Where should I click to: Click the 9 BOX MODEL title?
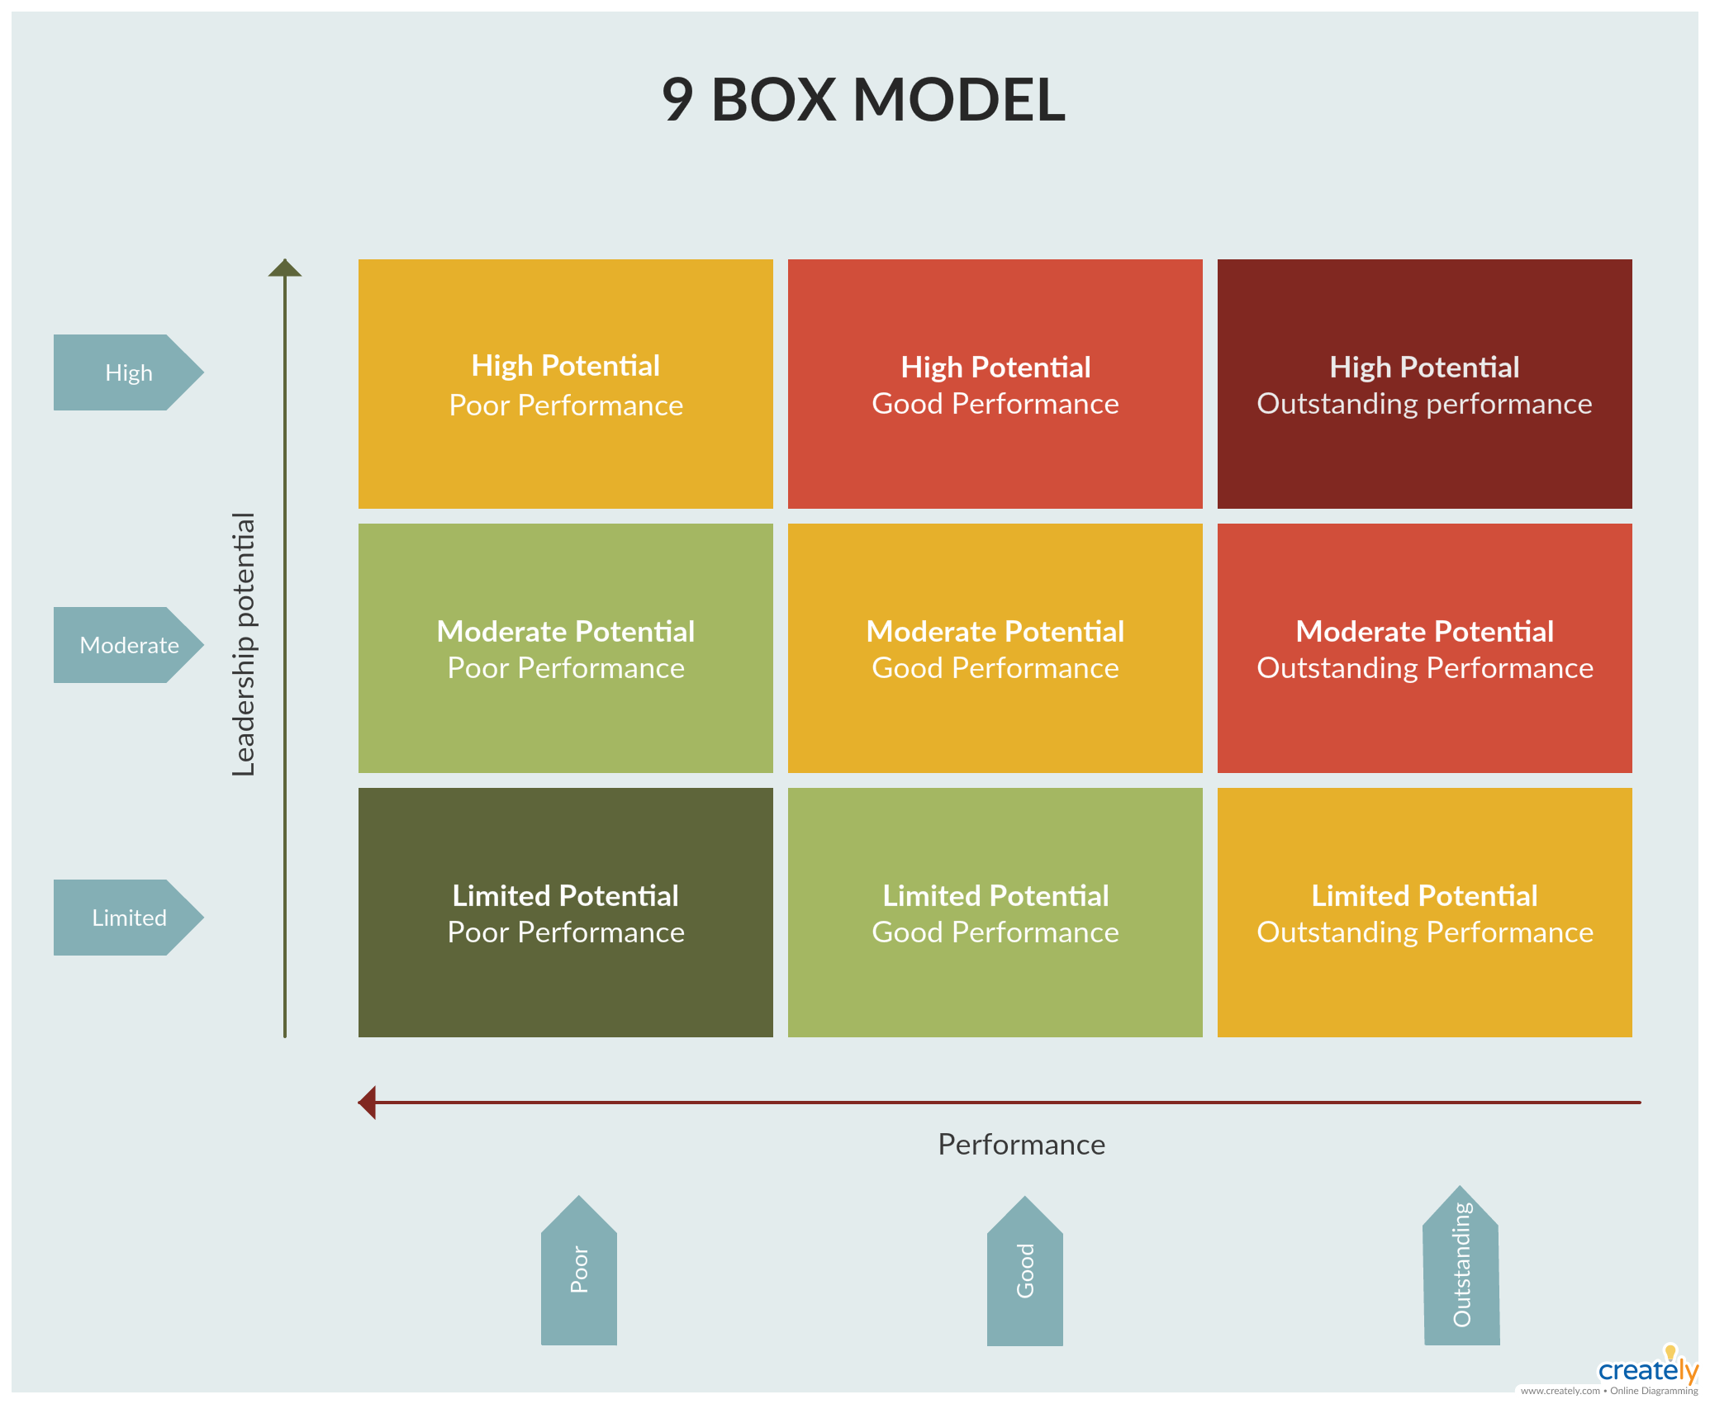[863, 100]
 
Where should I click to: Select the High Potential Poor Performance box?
[566, 384]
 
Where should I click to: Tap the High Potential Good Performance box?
[995, 384]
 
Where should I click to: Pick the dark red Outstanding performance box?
[1424, 384]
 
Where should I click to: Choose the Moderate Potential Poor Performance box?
[566, 648]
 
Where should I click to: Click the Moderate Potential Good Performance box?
[995, 648]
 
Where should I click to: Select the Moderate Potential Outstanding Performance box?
[1424, 648]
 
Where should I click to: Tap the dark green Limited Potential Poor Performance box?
[566, 913]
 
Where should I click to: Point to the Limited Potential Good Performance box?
[995, 913]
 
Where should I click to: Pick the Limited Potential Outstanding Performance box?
[1424, 913]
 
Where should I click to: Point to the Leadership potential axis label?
[244, 644]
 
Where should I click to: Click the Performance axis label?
[1021, 1145]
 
